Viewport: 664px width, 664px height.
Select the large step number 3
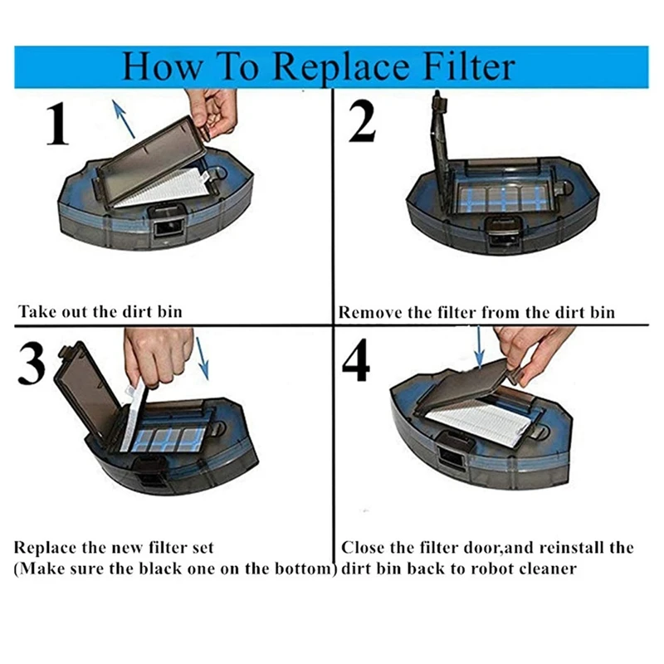coord(32,364)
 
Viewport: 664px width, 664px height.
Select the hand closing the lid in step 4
coord(531,349)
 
